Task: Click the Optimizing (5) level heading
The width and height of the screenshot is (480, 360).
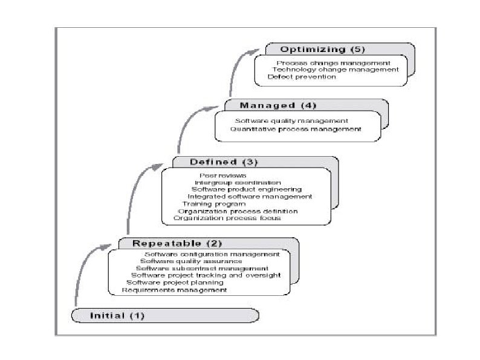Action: click(322, 49)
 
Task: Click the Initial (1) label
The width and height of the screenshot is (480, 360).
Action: click(117, 315)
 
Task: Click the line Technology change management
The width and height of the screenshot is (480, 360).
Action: click(336, 70)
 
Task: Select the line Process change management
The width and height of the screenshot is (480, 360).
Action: click(333, 62)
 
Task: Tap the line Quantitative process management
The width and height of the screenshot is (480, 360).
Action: click(296, 128)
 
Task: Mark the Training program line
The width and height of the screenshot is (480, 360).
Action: click(210, 204)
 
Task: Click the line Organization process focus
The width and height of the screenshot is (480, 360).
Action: click(227, 218)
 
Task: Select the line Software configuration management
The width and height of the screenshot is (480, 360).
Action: click(212, 254)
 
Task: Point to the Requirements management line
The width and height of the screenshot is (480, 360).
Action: click(175, 290)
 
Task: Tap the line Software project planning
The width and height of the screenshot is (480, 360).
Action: click(175, 283)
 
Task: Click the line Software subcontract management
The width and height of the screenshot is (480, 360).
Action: click(202, 268)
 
